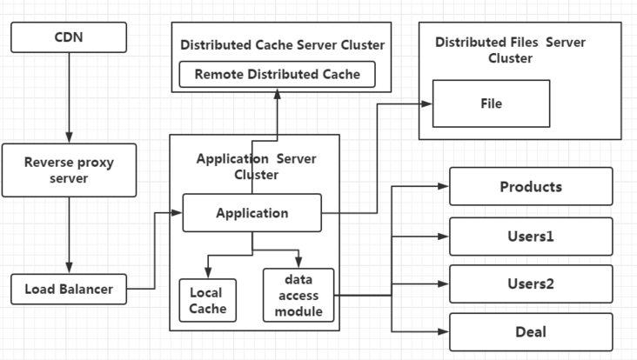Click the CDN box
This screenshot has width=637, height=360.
click(x=68, y=37)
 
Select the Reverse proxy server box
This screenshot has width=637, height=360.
click(x=68, y=170)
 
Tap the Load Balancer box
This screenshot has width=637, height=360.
click(x=68, y=289)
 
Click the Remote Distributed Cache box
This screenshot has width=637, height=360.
click(x=277, y=75)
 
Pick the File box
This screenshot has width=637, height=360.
click(x=491, y=103)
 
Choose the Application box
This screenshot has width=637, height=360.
click(x=251, y=213)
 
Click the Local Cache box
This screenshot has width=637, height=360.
click(x=207, y=301)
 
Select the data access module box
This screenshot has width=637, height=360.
click(x=298, y=296)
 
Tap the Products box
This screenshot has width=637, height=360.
click(x=530, y=187)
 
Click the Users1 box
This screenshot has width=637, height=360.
click(x=530, y=236)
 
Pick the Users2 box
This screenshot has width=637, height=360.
click(x=530, y=284)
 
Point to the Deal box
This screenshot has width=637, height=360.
click(x=530, y=332)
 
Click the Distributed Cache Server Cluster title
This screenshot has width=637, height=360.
click(x=282, y=44)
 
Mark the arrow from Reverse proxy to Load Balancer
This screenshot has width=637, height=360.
click(x=68, y=235)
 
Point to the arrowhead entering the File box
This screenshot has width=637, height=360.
click(x=426, y=103)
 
